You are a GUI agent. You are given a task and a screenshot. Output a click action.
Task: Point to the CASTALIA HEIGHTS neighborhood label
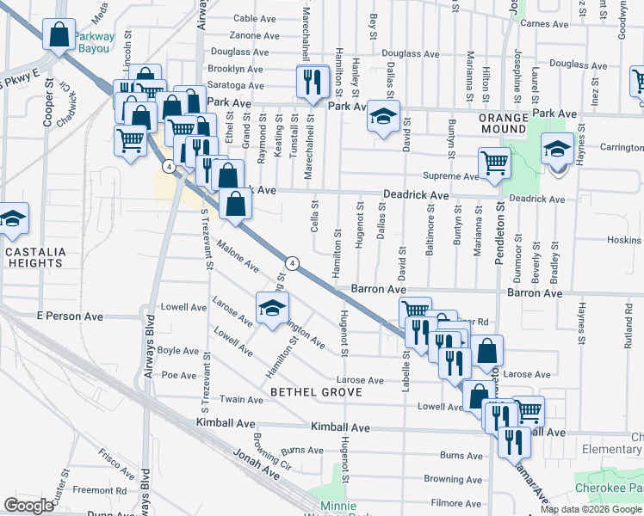pos(35,258)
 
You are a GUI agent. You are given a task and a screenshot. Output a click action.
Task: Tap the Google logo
pos(29,505)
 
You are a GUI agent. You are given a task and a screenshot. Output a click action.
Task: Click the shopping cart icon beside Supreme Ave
pos(495,162)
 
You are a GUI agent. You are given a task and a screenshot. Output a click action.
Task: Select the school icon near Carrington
pos(557,149)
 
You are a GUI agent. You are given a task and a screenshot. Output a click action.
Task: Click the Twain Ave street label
pos(242,400)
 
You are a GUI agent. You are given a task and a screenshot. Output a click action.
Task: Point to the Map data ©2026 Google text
pos(590,509)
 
